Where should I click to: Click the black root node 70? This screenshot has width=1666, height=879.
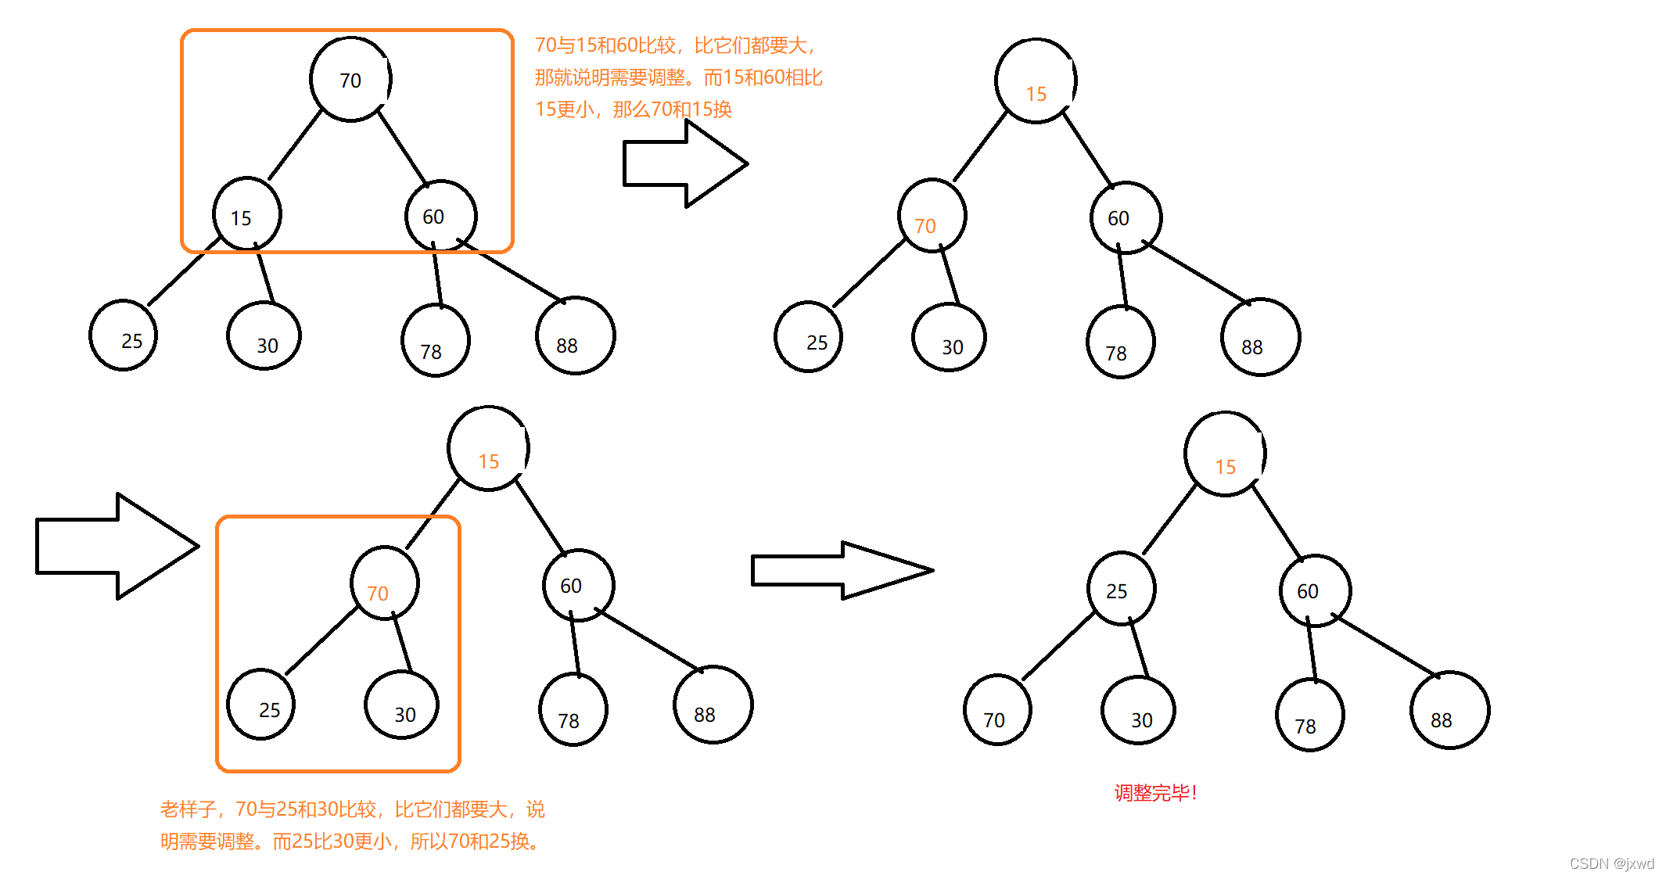[350, 80]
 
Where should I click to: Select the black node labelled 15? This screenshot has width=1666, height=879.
[246, 215]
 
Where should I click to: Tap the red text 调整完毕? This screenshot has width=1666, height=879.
[1155, 793]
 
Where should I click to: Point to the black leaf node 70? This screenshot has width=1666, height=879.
[996, 710]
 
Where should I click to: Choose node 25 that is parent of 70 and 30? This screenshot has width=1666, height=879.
[1120, 589]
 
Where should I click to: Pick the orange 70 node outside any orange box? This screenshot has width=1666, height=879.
[932, 217]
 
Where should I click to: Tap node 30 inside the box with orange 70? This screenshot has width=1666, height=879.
[401, 706]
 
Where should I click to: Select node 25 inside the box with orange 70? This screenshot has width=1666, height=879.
[261, 705]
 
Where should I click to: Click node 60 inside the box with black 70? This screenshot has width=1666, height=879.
[440, 216]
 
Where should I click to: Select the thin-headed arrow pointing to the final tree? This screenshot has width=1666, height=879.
[841, 570]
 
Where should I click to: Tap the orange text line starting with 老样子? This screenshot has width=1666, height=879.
[352, 809]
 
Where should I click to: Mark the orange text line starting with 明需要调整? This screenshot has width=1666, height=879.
[352, 841]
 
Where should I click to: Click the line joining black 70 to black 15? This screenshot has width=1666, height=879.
[295, 145]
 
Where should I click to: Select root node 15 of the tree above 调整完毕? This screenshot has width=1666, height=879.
[1225, 454]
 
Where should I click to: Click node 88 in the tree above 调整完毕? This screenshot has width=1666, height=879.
[1449, 710]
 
